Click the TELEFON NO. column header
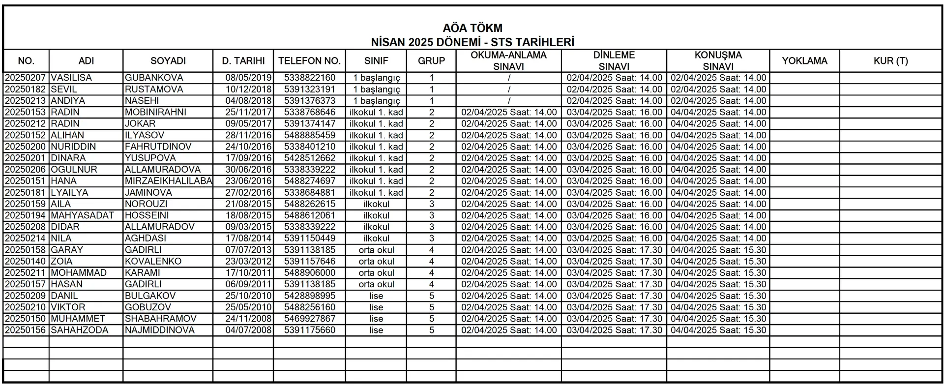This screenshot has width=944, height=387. click(x=309, y=61)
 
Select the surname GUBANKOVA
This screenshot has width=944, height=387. click(x=154, y=78)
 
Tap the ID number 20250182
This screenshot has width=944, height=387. click(x=25, y=89)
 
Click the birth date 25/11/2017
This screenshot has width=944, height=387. click(x=248, y=112)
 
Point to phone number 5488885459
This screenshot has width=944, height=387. click(x=310, y=135)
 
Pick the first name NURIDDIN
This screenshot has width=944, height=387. click(x=73, y=147)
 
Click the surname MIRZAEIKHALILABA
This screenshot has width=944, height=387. click(x=168, y=181)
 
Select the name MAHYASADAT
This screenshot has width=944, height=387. click(x=82, y=215)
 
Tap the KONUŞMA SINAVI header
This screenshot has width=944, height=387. click(x=718, y=61)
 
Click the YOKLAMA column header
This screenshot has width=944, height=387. click(x=804, y=61)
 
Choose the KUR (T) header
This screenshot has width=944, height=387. click(x=890, y=61)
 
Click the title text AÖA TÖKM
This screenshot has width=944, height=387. click(x=472, y=28)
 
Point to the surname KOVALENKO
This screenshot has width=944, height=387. click(x=153, y=262)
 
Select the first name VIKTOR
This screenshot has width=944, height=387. click(x=68, y=307)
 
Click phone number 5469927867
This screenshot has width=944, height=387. click(x=310, y=319)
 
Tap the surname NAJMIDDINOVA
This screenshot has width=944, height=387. click(x=160, y=330)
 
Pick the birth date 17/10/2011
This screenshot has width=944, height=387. click(x=248, y=273)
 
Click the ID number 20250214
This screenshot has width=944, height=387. click(x=25, y=238)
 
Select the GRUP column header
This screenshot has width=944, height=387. click(x=431, y=61)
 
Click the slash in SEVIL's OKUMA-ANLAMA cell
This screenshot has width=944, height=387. click(x=509, y=89)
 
